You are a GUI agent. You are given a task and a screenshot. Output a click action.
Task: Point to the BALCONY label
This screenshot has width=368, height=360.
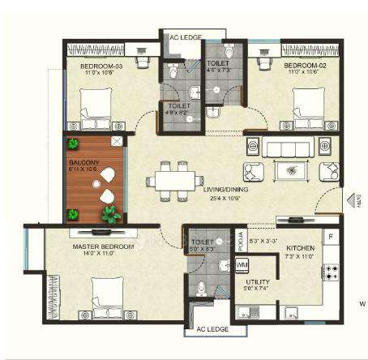tap(84, 162)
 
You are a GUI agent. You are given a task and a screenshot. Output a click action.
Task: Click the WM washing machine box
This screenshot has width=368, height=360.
tap(242, 265)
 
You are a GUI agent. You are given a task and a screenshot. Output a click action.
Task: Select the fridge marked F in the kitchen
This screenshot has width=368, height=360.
tap(330, 237)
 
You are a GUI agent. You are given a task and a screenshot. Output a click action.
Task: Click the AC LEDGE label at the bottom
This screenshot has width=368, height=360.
tap(208, 330)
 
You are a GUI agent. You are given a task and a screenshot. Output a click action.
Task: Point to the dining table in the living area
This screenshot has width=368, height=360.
tap(174, 179)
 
